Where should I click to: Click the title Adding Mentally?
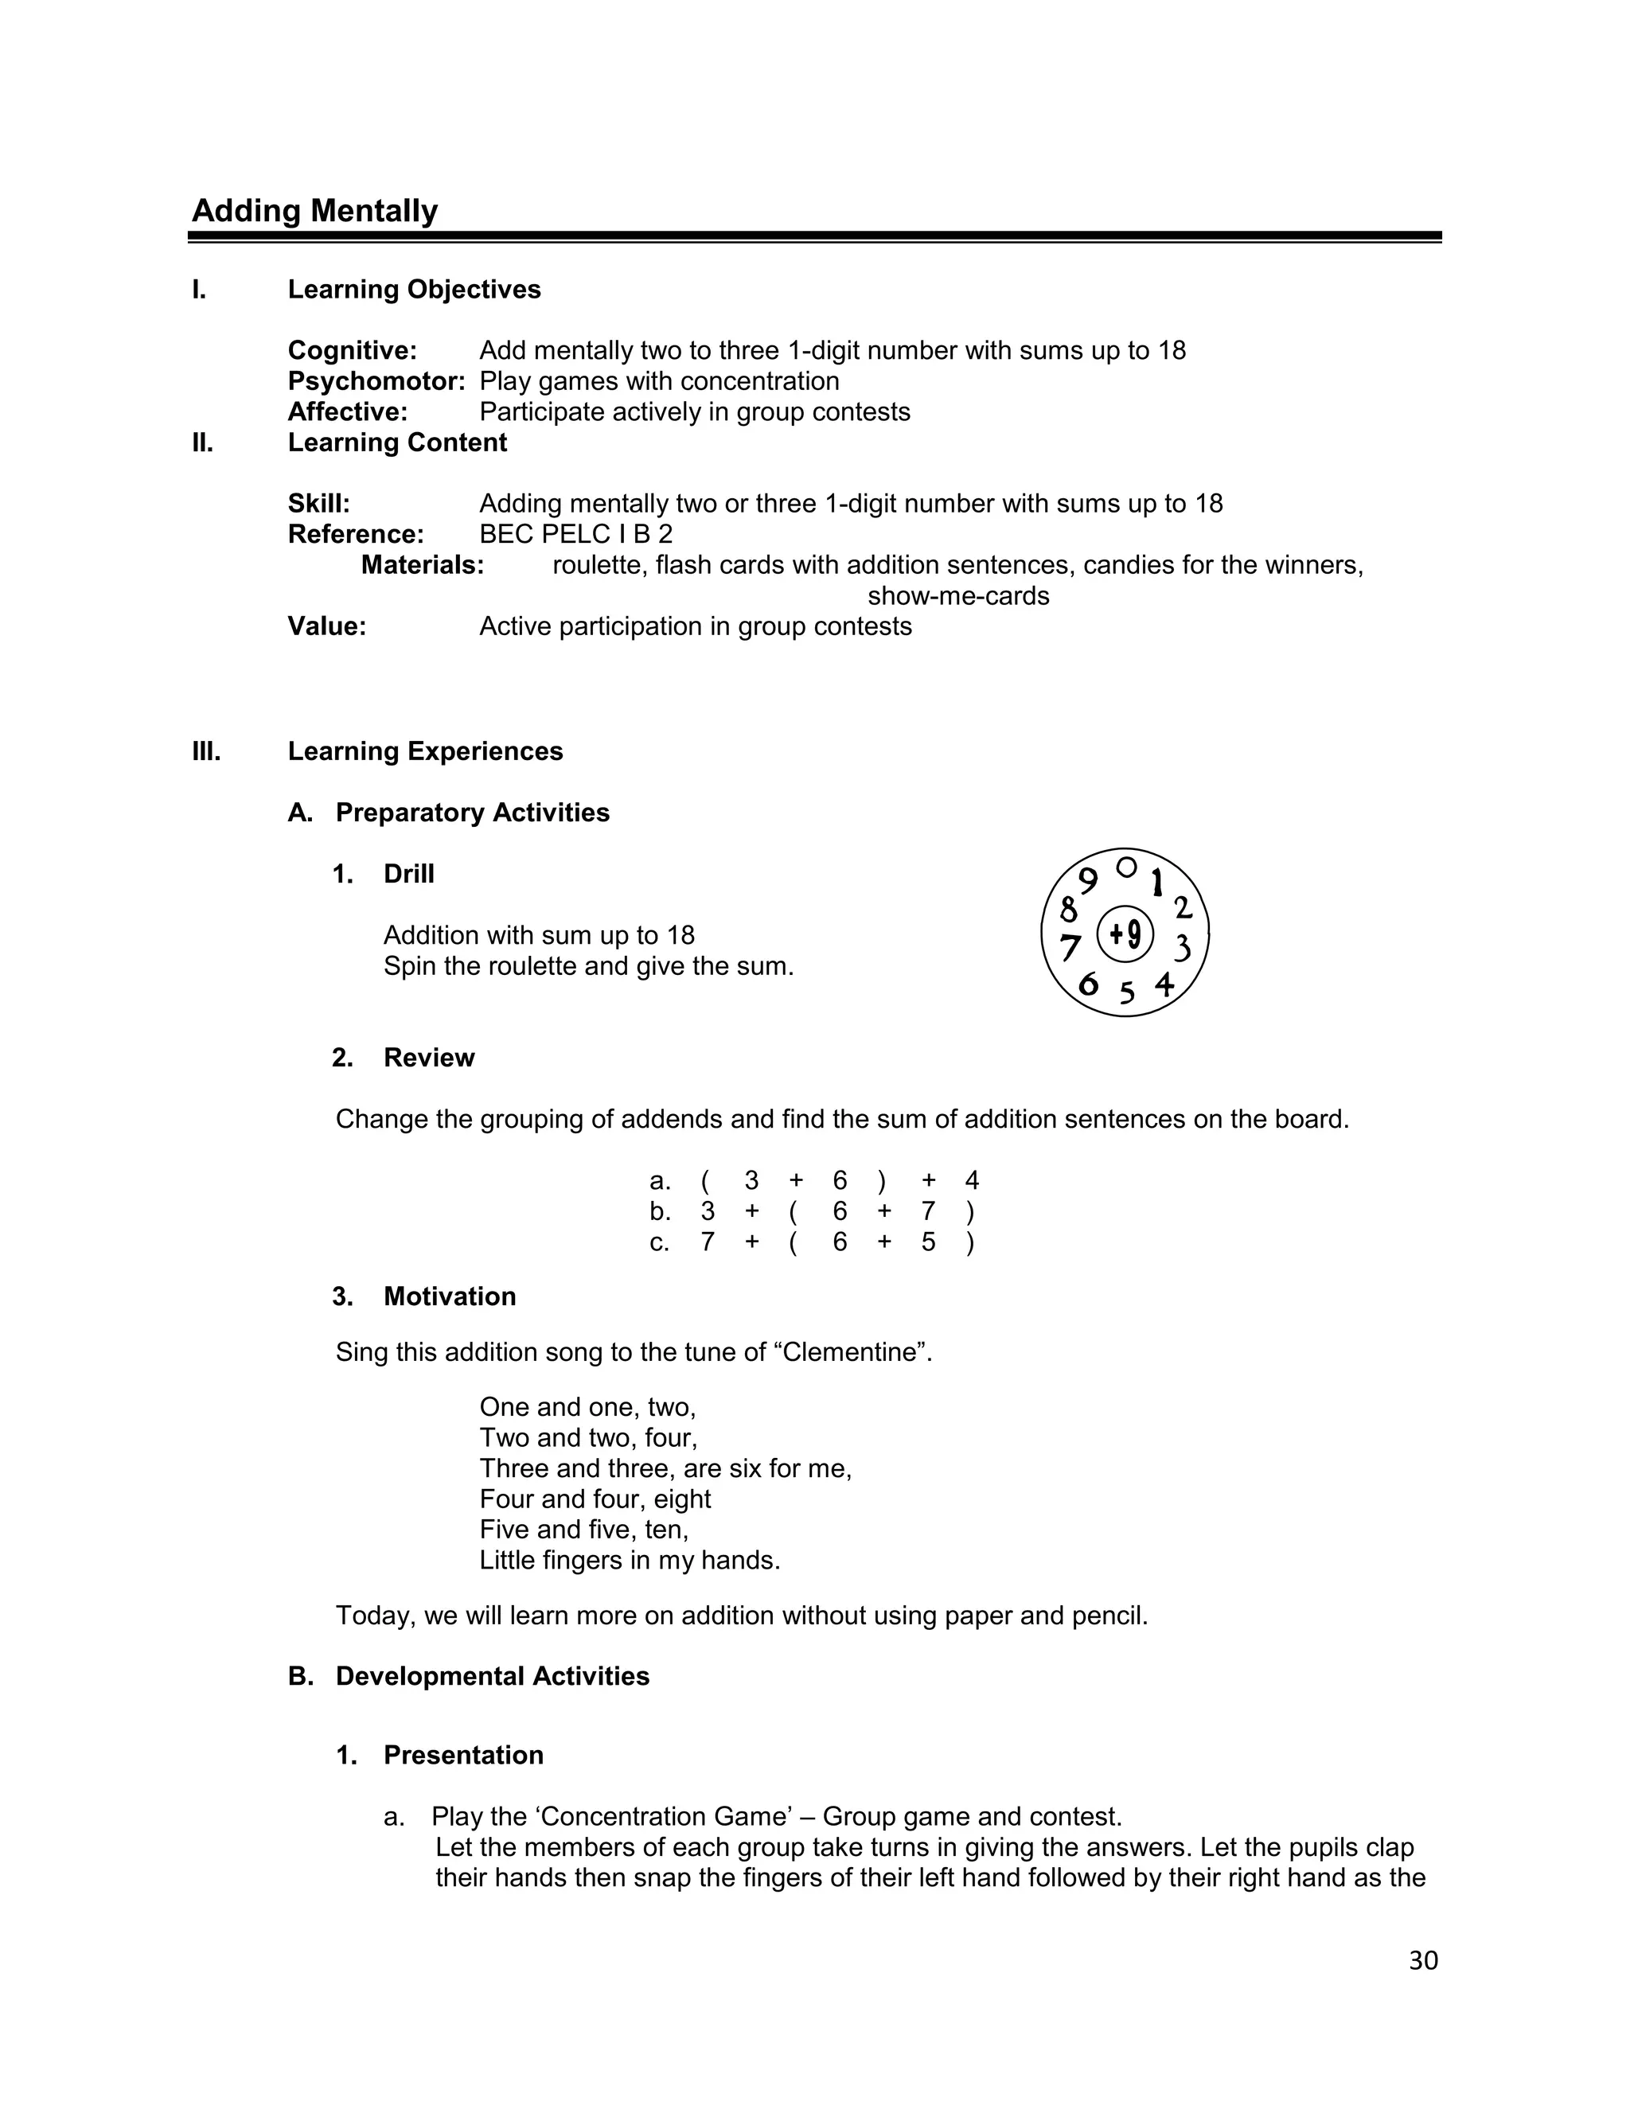pos(315,211)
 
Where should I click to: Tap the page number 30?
pos(1423,1960)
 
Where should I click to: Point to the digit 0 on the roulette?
pos(1126,867)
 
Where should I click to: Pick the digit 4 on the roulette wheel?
pos(1164,984)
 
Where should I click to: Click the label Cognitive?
pos(353,350)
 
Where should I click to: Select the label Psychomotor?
pos(376,381)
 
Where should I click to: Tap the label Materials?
pos(422,565)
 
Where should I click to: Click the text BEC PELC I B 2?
pos(575,534)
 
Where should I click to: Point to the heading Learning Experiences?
pos(425,751)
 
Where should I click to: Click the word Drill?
pos(408,874)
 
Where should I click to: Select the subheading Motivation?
pos(449,1296)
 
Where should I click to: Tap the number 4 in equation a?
pos(972,1180)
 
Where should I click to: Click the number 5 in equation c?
pos(928,1242)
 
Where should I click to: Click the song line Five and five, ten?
pos(583,1530)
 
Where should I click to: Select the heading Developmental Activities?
pos(492,1676)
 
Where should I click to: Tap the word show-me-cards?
pos(958,596)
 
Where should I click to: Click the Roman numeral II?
pos(203,442)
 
